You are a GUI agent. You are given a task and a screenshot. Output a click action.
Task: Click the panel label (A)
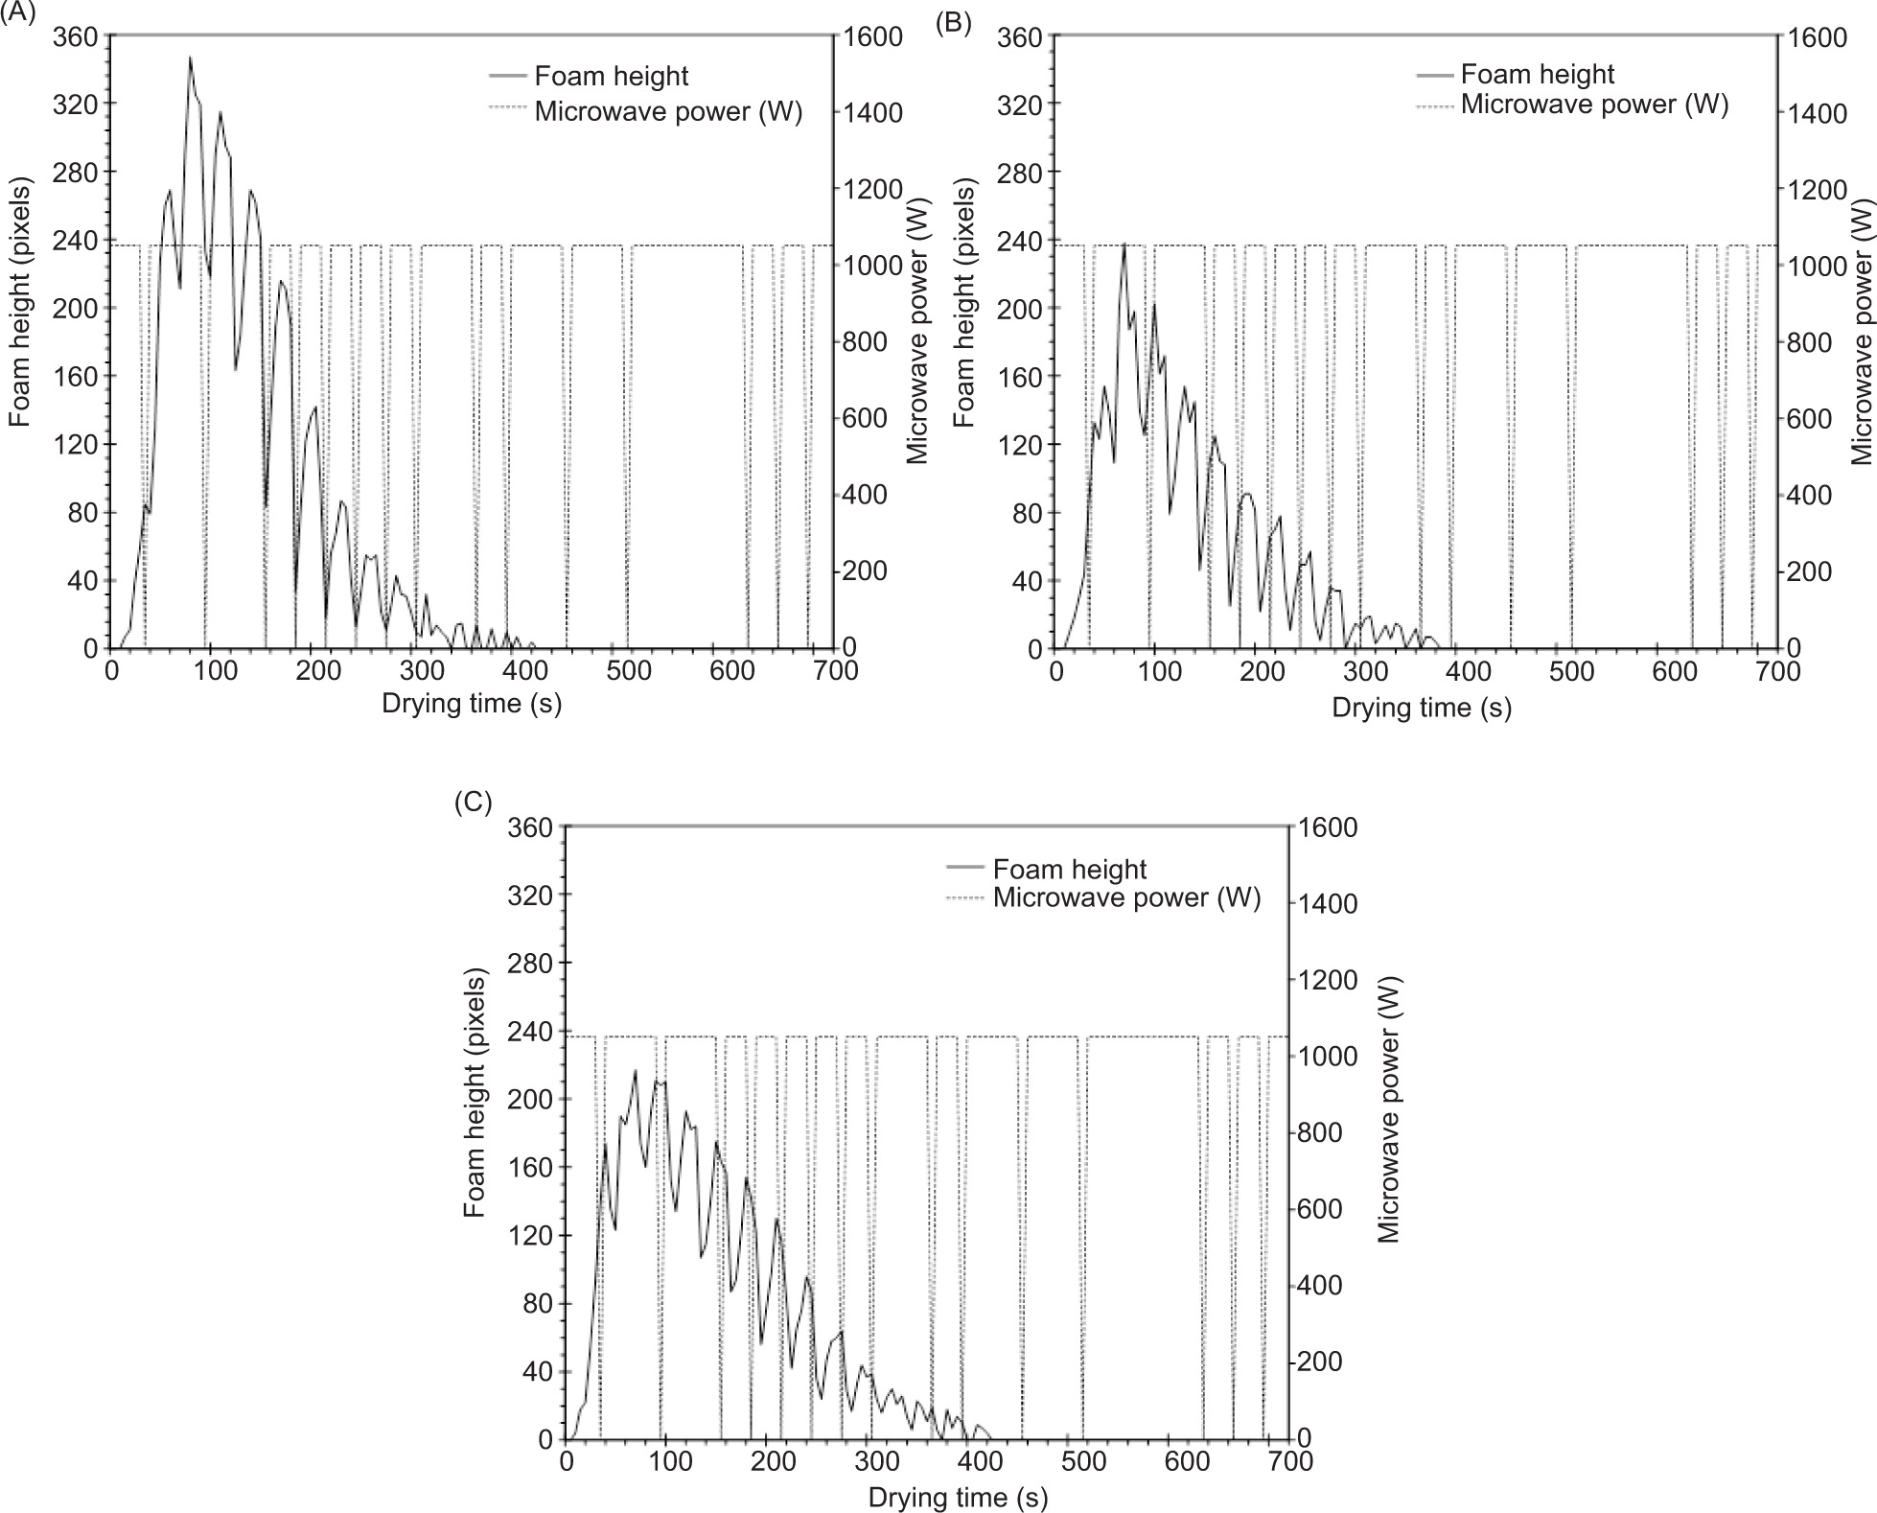(18, 15)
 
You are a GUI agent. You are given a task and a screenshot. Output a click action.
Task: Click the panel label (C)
(474, 803)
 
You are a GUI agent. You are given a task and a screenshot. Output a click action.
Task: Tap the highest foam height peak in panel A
(190, 58)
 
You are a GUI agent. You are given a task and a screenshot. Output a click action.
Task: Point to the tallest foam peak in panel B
(1124, 244)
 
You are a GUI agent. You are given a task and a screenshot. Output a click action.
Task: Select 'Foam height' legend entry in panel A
(611, 76)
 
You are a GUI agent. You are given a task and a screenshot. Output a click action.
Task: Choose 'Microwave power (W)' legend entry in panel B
(1594, 104)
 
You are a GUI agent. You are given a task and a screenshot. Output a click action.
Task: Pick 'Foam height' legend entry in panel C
(1069, 869)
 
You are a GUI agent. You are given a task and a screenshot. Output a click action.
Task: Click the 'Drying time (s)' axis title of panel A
(472, 703)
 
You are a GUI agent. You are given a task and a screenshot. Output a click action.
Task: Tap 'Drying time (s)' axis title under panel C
(958, 1498)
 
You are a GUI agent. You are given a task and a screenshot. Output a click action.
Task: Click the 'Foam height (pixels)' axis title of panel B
(963, 305)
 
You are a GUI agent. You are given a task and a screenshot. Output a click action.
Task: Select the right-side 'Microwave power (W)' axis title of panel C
(1389, 1108)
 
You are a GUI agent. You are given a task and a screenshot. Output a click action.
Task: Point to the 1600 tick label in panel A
(873, 36)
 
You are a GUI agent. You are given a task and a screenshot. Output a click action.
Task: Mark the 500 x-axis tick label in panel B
(1571, 671)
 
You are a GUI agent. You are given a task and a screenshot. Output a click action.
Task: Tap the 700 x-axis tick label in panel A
(835, 670)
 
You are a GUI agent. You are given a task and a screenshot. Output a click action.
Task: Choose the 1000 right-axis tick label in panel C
(1327, 1056)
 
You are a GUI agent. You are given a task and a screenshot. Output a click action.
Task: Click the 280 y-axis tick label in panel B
(1022, 172)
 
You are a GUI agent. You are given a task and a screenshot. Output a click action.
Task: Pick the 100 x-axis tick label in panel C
(670, 1462)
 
